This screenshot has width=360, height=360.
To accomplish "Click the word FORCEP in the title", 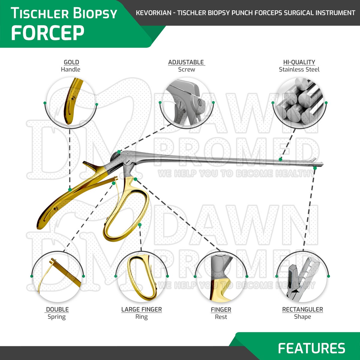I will [x=47, y=33].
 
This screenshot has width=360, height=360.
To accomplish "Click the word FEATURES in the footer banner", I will [x=311, y=348].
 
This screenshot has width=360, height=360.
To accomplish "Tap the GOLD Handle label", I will [x=71, y=66].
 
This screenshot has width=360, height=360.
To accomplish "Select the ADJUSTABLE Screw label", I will [x=186, y=66].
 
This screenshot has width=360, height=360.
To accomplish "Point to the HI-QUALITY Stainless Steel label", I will [x=299, y=66].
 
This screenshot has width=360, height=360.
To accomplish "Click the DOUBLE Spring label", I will [x=57, y=313].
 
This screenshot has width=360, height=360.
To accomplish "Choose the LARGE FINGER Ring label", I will [x=141, y=313].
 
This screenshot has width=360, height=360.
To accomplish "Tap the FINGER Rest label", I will [x=221, y=313].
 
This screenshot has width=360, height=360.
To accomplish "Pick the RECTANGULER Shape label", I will [x=302, y=313].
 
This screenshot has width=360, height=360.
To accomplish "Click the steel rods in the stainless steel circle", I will [x=299, y=102].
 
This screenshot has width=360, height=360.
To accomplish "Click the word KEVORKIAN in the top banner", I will [x=153, y=13].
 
